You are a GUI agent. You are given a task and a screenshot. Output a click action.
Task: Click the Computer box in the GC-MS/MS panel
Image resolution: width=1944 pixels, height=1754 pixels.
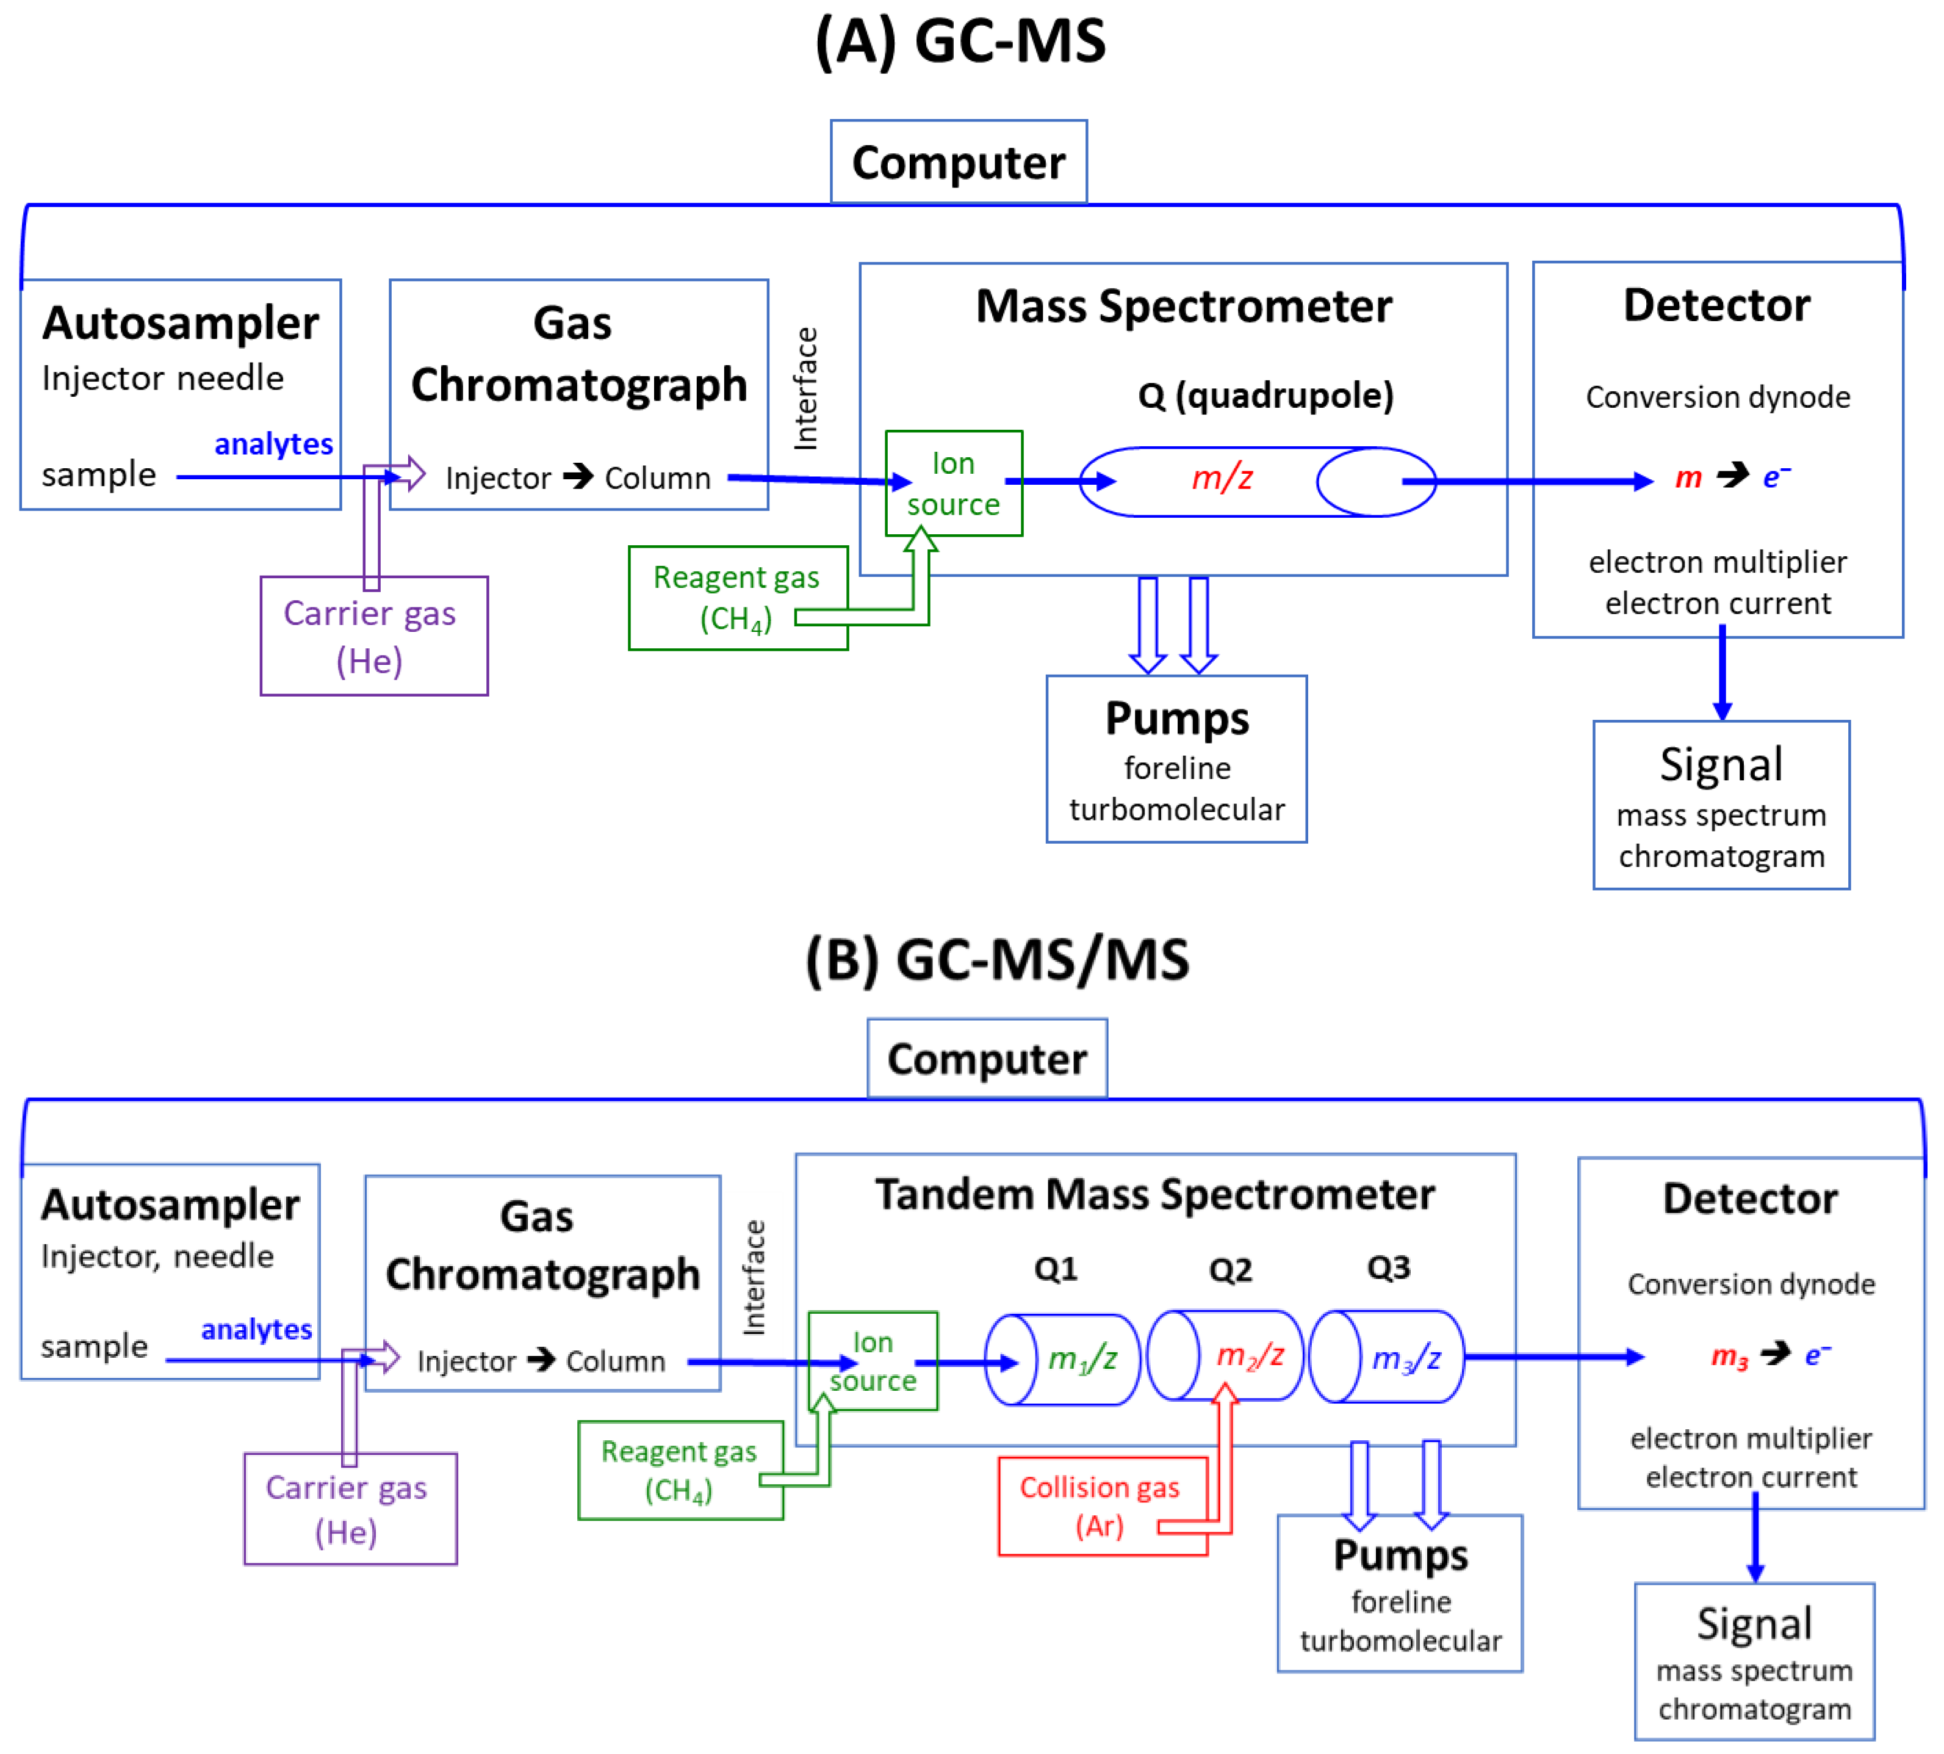coord(987,1058)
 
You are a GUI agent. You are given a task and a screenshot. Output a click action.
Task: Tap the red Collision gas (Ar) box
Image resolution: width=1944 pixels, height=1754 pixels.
coord(1101,1506)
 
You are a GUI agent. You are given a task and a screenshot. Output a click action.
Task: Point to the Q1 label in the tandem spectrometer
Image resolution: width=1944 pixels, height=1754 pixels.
coord(1055,1268)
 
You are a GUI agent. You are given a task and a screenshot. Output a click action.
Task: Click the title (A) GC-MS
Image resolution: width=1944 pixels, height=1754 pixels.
coord(960,42)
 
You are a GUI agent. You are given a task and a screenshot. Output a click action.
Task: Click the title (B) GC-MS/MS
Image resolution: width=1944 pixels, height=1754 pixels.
coord(997,960)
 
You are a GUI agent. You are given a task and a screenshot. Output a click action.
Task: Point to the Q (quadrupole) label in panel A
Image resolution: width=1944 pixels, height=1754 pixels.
coord(1265,395)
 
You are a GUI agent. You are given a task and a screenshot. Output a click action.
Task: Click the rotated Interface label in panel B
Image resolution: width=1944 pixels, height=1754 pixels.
coord(754,1277)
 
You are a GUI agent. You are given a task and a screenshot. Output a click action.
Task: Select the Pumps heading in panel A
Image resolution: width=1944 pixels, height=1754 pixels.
coord(1176,718)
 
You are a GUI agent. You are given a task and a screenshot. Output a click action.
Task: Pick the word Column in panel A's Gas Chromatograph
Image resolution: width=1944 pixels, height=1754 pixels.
coord(657,478)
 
